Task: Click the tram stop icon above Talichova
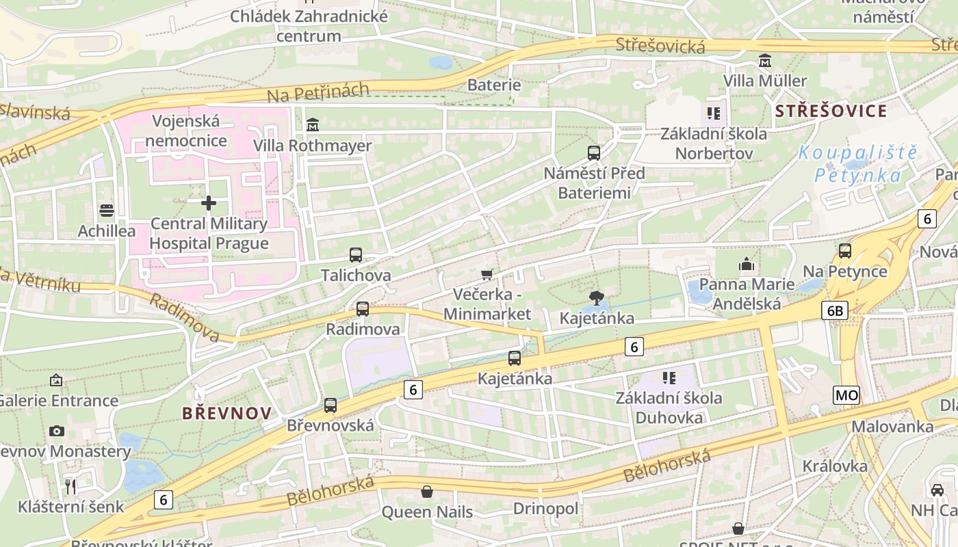click(355, 255)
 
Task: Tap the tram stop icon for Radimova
click(363, 309)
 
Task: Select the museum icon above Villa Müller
click(764, 61)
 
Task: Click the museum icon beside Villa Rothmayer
click(313, 124)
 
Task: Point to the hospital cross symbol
click(209, 203)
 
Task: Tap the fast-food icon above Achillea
click(106, 211)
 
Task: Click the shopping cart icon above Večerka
click(487, 275)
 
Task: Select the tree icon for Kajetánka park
click(596, 298)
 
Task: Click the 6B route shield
click(835, 311)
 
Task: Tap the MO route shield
click(846, 395)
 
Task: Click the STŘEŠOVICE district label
click(831, 111)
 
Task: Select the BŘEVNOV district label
click(226, 413)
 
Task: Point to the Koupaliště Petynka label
click(858, 164)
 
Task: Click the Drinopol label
click(545, 509)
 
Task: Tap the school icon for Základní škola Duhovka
click(669, 377)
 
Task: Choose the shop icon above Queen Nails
click(427, 492)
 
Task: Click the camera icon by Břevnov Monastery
click(57, 431)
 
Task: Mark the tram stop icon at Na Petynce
click(845, 251)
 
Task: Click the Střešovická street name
click(660, 46)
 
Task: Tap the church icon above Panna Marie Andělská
click(747, 264)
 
